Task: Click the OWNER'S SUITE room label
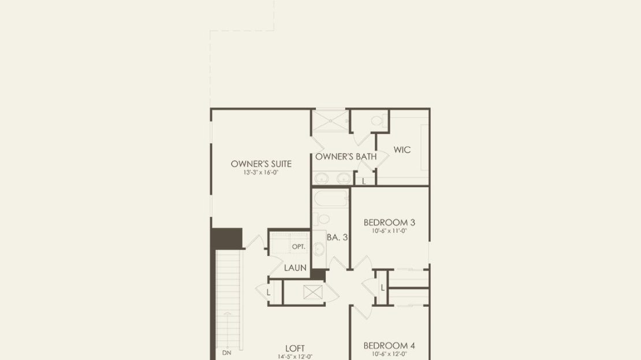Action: coord(261,164)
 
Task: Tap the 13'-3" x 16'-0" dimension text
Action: coord(261,173)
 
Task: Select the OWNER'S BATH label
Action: coord(346,156)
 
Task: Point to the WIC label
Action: coord(402,150)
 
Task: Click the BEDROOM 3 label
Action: coord(389,222)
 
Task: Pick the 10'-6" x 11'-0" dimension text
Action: coord(389,231)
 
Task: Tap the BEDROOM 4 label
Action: coord(389,346)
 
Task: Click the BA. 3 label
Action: coord(337,237)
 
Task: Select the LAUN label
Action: coord(295,268)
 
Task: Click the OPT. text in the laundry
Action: coord(299,247)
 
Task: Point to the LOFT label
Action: coord(295,348)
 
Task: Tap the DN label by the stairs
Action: coord(226,352)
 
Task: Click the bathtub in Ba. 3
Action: coord(331,199)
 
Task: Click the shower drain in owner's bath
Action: coord(330,121)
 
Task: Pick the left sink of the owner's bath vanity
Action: coord(321,179)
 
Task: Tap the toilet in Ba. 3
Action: coord(322,219)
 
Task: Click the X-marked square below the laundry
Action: coord(313,292)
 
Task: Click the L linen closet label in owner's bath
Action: coord(363,181)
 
